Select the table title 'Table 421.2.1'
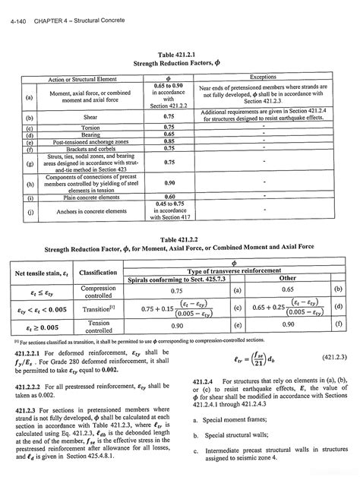pyautogui.click(x=179, y=54)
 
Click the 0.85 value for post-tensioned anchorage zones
pyautogui.click(x=169, y=141)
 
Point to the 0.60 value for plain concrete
pyautogui.click(x=169, y=197)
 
